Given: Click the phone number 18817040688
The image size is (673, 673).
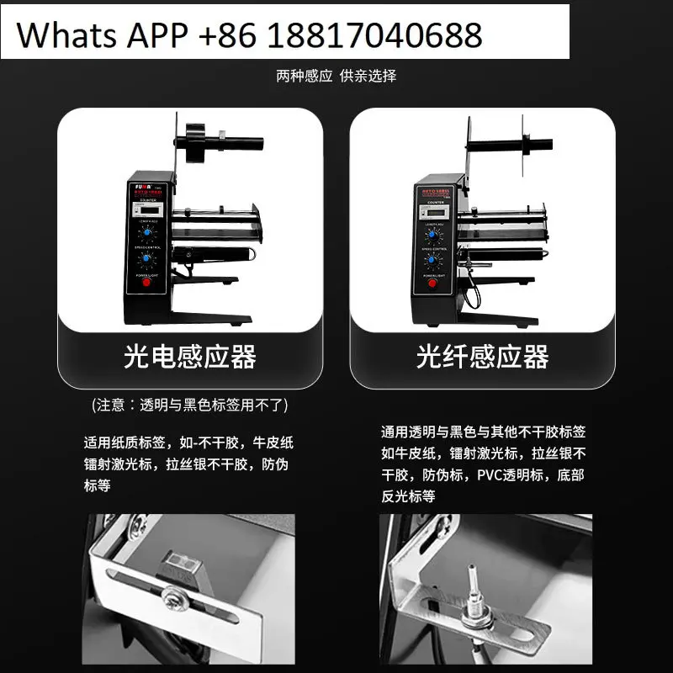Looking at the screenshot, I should coord(377,34).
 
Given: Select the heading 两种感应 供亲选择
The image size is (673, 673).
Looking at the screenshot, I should coord(336,76).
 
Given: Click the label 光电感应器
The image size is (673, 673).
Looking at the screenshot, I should coord(189,356).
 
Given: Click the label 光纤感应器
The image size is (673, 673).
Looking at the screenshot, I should coord(482,356).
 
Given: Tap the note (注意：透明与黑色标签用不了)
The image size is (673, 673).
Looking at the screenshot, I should coord(189,405).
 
